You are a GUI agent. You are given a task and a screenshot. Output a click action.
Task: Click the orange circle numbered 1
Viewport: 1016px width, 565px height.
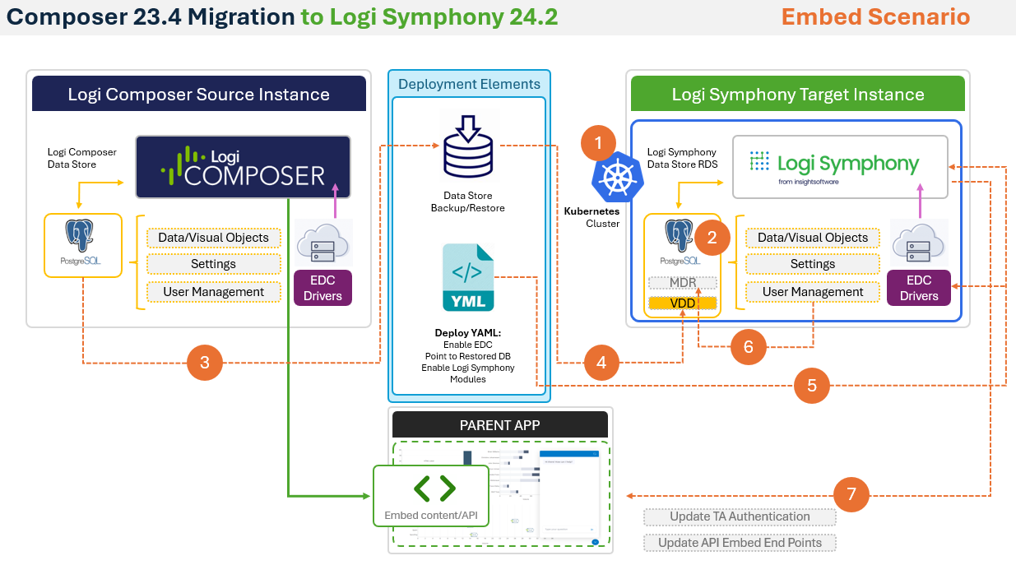(x=598, y=142)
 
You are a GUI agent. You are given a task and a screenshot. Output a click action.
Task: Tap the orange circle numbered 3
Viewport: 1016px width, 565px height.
(x=205, y=362)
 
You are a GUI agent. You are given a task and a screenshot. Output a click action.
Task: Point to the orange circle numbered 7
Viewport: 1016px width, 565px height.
(x=851, y=494)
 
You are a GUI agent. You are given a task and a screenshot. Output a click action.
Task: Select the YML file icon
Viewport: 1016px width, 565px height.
(x=468, y=277)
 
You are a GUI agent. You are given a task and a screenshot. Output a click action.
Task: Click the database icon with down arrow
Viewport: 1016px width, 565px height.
(x=468, y=149)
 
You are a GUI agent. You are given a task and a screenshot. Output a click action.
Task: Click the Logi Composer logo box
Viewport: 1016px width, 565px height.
(x=244, y=167)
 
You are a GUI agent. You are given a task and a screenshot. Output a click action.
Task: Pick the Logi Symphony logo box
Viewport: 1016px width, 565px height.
(x=840, y=167)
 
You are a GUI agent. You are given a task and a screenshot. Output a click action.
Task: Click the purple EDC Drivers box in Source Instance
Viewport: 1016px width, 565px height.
(x=322, y=288)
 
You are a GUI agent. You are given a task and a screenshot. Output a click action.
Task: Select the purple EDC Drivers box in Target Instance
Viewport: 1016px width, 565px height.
(x=919, y=288)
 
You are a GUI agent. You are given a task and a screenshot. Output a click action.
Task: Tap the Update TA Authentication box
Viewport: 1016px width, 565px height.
(x=740, y=517)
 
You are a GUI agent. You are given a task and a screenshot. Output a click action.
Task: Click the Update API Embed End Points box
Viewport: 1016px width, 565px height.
(x=740, y=543)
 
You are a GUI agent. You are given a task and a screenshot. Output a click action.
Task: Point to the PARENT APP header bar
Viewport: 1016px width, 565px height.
(x=500, y=425)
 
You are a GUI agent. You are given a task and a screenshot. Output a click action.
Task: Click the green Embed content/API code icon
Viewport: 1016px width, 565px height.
(x=434, y=489)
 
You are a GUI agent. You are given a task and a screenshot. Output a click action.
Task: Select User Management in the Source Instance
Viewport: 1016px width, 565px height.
(x=215, y=292)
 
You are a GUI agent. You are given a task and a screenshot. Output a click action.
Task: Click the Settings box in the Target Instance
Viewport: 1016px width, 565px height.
(x=813, y=265)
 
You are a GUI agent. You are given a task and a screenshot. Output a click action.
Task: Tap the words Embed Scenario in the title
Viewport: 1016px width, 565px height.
(x=875, y=16)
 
